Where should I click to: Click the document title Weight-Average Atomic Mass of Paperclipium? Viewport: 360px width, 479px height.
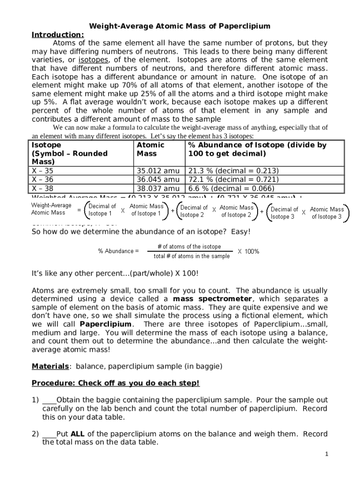point(180,26)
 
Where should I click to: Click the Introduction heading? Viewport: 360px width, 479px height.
point(58,35)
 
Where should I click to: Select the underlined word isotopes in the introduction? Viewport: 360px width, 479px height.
point(94,60)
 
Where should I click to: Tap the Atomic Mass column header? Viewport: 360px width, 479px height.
point(151,149)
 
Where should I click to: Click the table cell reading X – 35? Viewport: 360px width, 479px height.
point(43,171)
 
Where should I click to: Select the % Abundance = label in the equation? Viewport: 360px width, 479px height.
point(118,251)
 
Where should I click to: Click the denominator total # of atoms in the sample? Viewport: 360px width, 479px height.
point(192,256)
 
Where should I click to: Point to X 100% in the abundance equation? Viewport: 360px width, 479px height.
point(248,251)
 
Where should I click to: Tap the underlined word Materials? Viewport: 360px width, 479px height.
point(50,366)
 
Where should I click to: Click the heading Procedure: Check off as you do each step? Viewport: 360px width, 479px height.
point(115,384)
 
